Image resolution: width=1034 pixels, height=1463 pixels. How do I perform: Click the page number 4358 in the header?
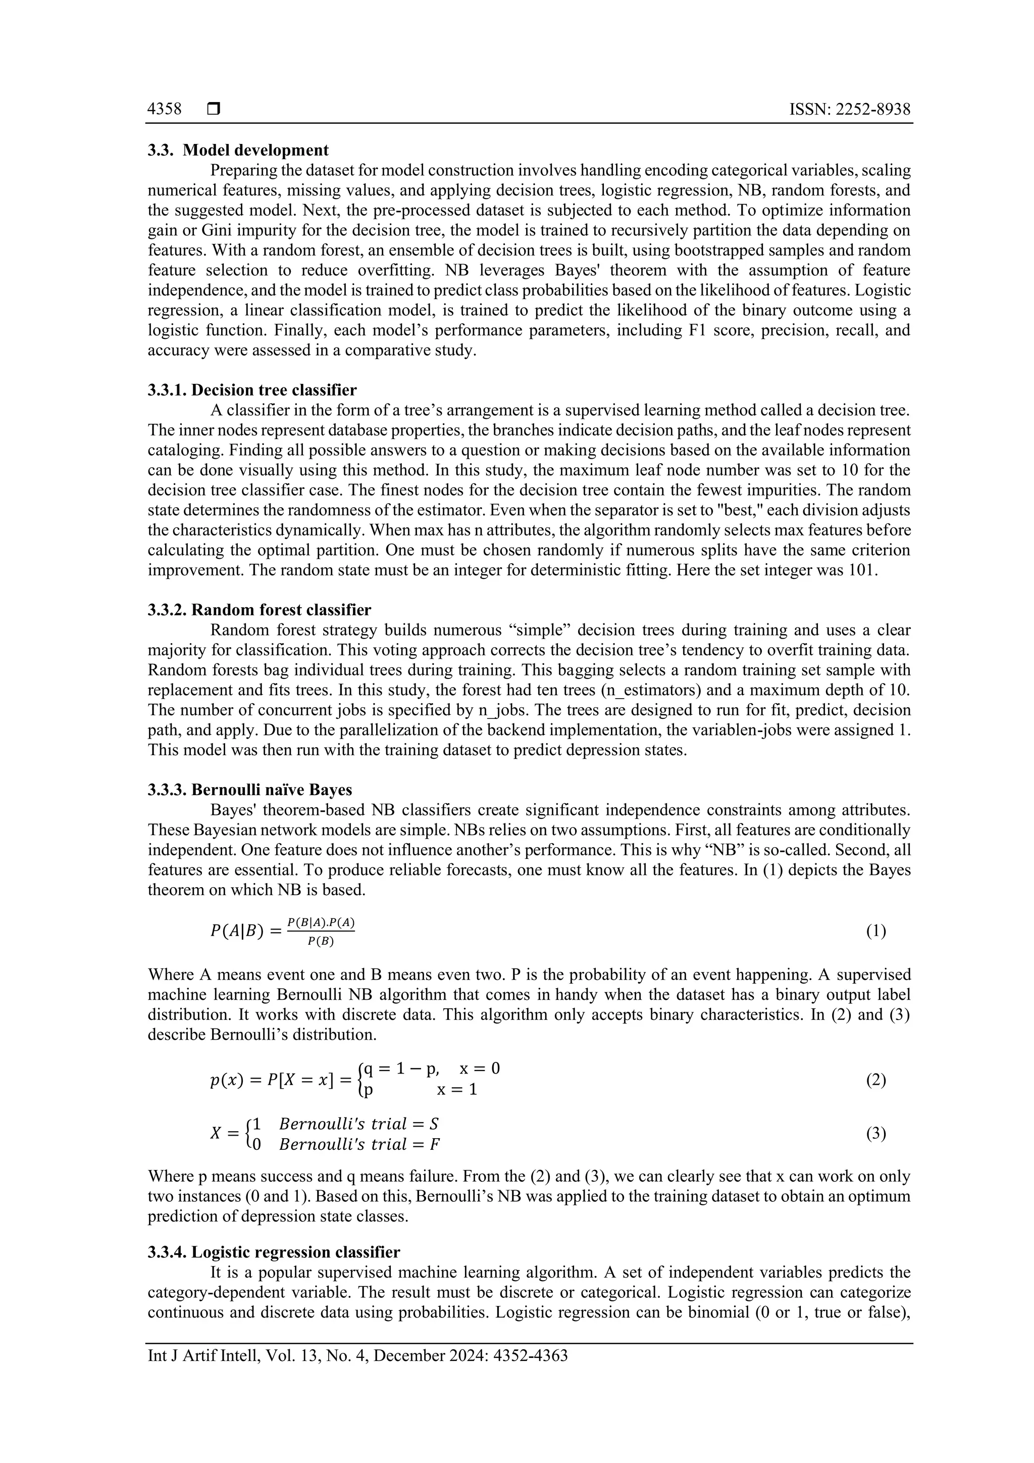coord(164,110)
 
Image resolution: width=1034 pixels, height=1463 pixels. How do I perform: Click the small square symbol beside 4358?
coord(213,110)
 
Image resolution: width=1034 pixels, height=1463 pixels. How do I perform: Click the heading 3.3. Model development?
coord(238,151)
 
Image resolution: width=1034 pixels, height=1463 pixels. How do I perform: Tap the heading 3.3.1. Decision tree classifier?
coord(252,390)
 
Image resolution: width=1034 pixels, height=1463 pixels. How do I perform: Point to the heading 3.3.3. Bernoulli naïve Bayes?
coord(249,790)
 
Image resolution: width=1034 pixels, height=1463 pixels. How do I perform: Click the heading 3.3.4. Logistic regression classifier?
coord(274,1252)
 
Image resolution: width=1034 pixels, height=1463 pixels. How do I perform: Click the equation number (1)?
coord(876,932)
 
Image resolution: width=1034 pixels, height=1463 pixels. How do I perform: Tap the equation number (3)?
coord(876,1134)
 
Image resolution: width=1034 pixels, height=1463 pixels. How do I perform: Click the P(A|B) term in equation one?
coord(236,932)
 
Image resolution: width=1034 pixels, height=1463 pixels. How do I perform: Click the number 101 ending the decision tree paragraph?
coord(863,570)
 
